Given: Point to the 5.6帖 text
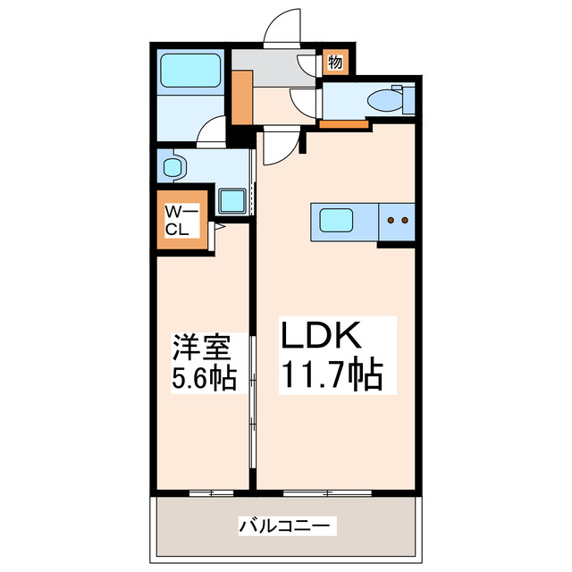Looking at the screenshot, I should pyautogui.click(x=204, y=379).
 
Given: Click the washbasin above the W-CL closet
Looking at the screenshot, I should pyautogui.click(x=173, y=166).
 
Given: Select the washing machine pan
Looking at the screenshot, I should pyautogui.click(x=232, y=201).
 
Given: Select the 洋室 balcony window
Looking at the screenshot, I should pyautogui.click(x=204, y=493).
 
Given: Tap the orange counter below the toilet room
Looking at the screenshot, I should pyautogui.click(x=344, y=124).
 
